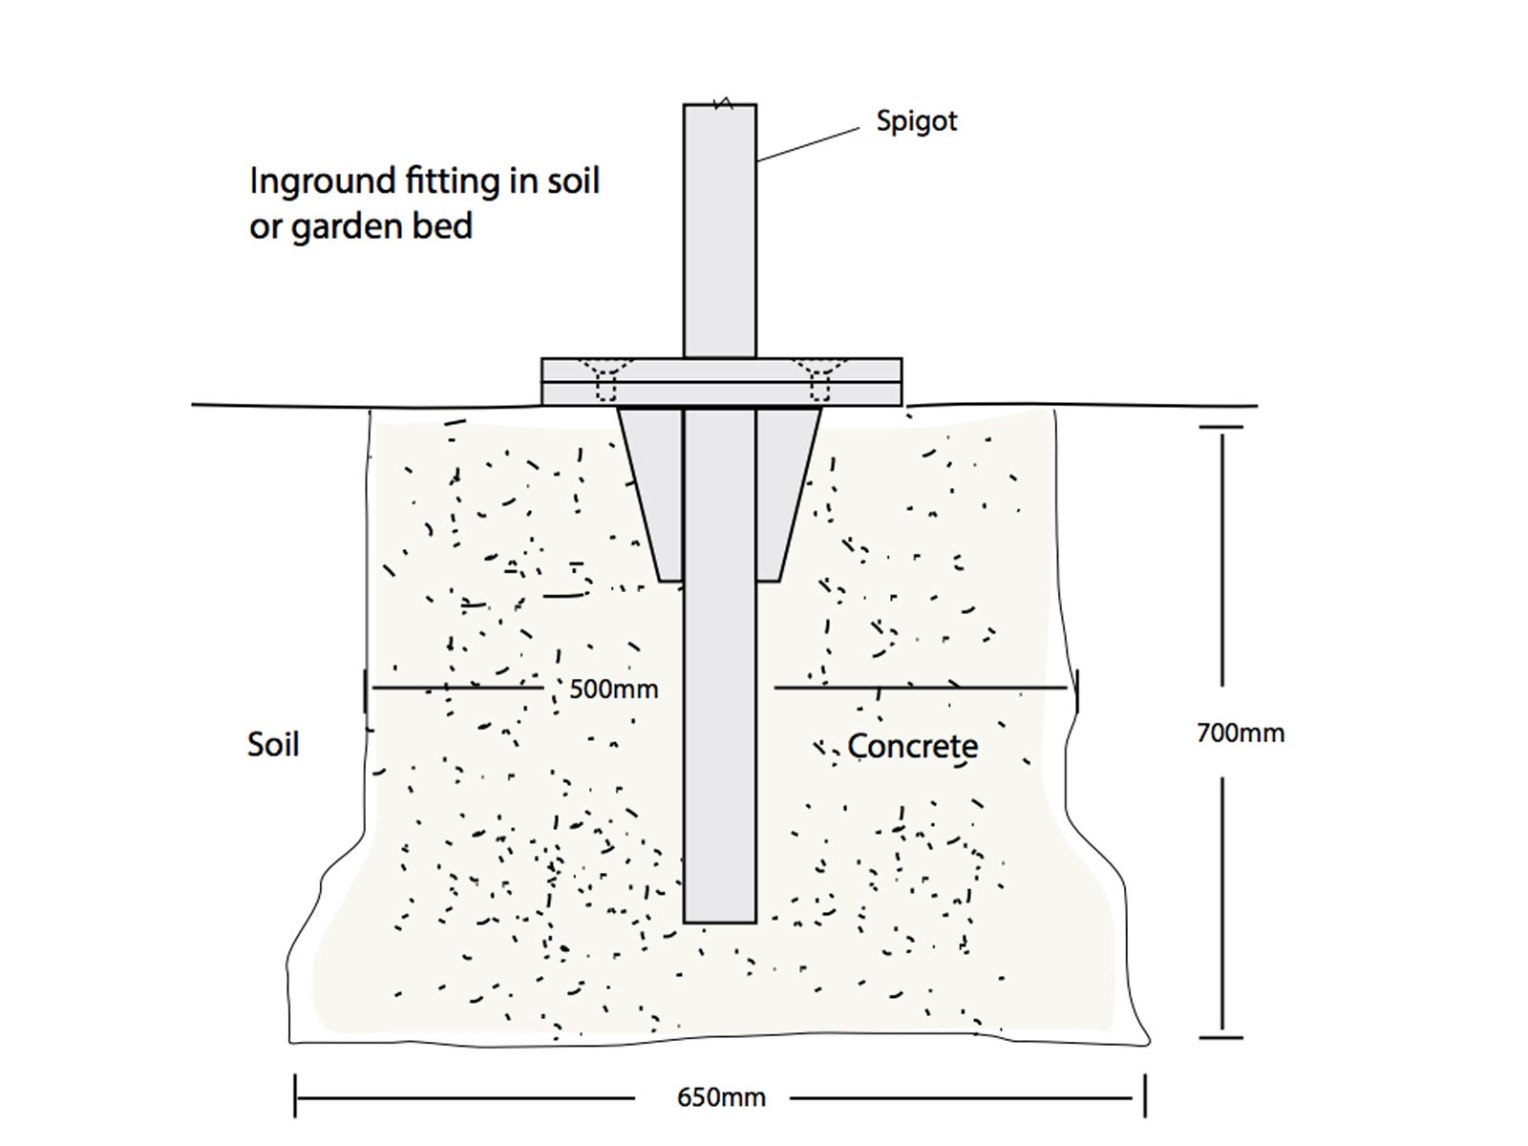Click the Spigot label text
point(916,122)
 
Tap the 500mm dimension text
point(613,690)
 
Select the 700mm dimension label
point(1241,733)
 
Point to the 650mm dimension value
point(721,1097)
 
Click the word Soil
point(273,745)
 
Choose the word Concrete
point(913,747)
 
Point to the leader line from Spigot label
point(808,145)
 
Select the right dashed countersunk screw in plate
point(820,380)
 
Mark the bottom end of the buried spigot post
point(720,922)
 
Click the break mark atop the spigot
point(724,103)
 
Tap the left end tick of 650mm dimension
point(295,1096)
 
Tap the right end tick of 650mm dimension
point(1145,1096)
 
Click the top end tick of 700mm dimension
point(1221,427)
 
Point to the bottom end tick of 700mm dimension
point(1221,1037)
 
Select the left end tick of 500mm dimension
point(365,690)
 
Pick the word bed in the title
point(442,225)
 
